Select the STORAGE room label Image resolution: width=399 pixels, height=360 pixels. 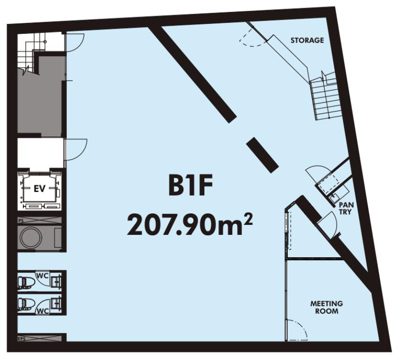(x=307, y=40)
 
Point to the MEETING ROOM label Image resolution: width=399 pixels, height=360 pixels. (x=326, y=307)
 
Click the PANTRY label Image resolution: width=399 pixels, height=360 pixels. (x=346, y=208)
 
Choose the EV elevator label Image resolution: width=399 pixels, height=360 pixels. (x=40, y=189)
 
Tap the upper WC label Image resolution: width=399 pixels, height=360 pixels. (x=43, y=275)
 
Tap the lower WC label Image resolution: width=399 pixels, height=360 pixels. (x=43, y=311)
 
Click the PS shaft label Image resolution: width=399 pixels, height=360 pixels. (x=21, y=221)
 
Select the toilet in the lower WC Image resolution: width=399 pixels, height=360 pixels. (x=26, y=303)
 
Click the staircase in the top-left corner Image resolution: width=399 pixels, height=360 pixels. (x=28, y=56)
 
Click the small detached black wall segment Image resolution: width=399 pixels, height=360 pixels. (x=262, y=155)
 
